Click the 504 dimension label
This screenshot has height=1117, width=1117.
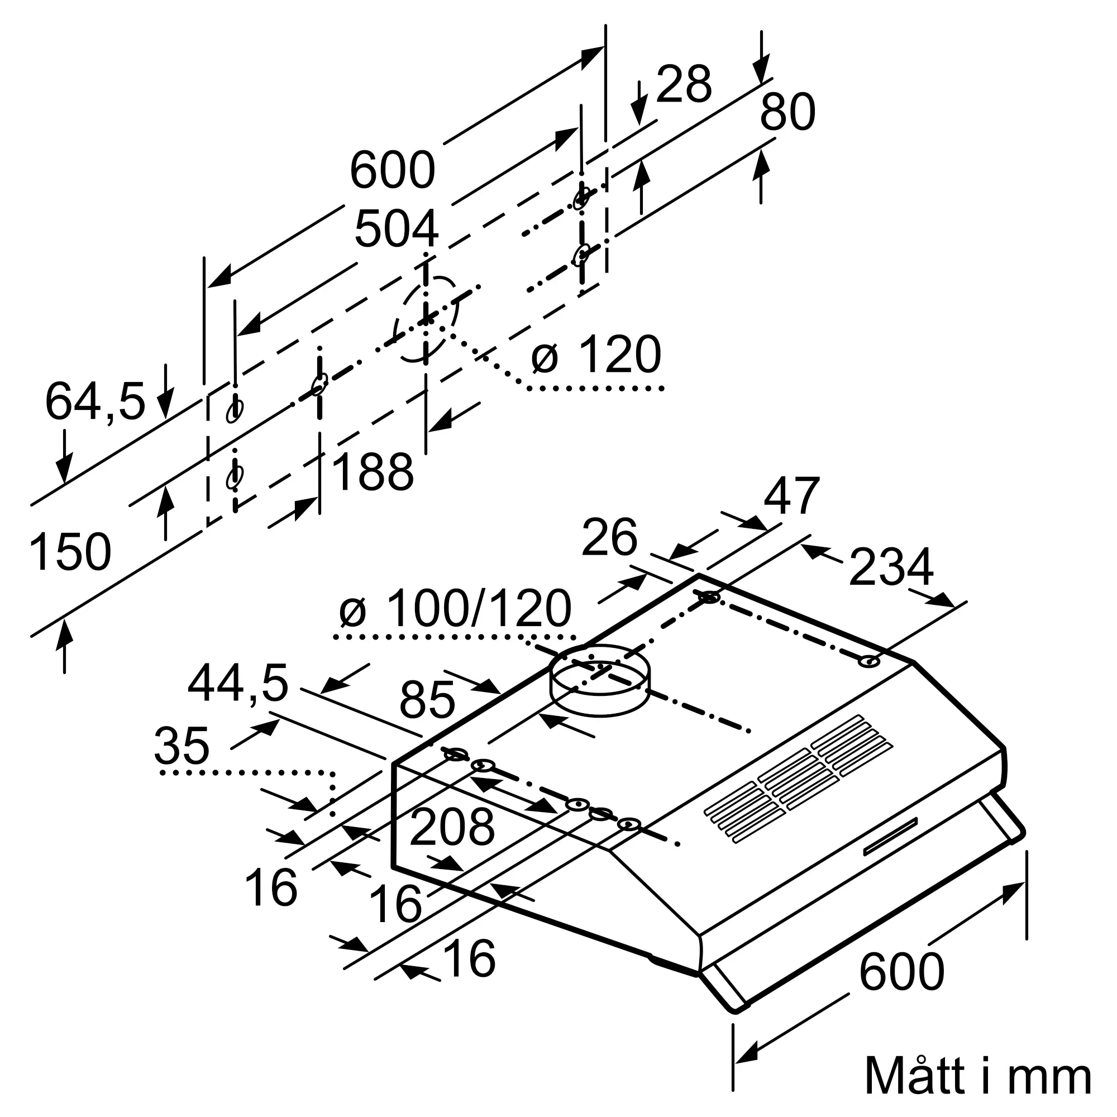[396, 229]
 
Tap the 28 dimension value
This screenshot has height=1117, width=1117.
[684, 84]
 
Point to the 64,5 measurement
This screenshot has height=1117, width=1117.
[95, 402]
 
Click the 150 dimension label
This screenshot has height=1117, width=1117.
[70, 552]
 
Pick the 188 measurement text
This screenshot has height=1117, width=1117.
[373, 472]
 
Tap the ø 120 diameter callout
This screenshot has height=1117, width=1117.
[596, 354]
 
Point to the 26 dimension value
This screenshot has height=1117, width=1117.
[609, 537]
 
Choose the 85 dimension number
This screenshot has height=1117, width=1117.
[427, 700]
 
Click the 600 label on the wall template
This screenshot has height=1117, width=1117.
[392, 170]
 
